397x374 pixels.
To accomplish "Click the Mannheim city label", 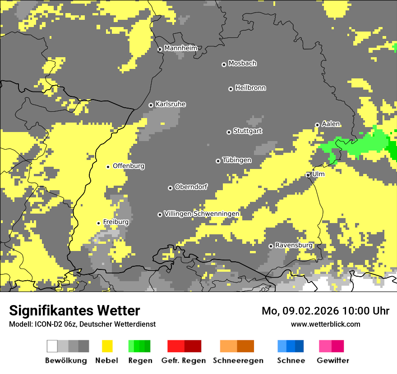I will [x=180, y=48].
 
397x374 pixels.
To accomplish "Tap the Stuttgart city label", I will [x=247, y=131].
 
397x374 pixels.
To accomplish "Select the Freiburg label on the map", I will [x=115, y=222].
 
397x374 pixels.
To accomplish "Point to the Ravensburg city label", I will [x=294, y=245].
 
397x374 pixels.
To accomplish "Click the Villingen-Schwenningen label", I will [x=202, y=214].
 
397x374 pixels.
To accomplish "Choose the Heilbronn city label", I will [x=250, y=88].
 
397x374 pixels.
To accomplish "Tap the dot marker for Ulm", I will [x=308, y=175].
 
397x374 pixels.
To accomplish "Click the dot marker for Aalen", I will [x=317, y=125].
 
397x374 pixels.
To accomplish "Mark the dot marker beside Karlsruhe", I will [x=151, y=105].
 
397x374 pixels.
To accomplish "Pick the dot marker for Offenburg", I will [x=108, y=167].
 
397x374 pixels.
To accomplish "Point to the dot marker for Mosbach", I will [x=224, y=64].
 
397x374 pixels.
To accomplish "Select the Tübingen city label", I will [x=237, y=160].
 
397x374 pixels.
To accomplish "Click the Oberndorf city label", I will [x=191, y=187].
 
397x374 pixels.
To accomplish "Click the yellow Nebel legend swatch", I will [x=107, y=346].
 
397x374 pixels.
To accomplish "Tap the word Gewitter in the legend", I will [x=333, y=360].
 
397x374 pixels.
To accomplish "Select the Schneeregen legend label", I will [x=238, y=360].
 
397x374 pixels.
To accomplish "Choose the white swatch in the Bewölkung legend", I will [x=52, y=346].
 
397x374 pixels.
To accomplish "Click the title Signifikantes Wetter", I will [x=74, y=311].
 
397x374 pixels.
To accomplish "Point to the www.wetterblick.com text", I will [x=325, y=324].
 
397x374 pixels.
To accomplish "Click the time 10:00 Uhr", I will [x=366, y=311].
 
